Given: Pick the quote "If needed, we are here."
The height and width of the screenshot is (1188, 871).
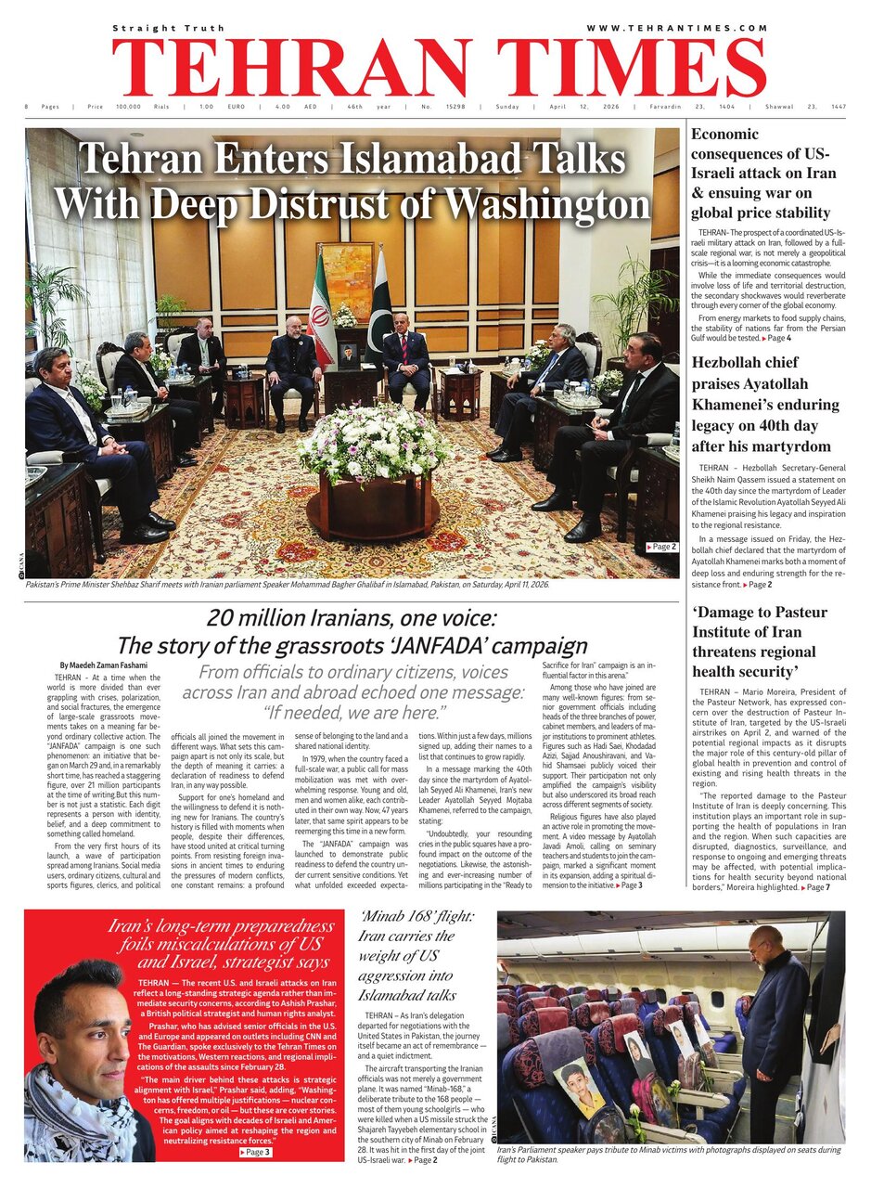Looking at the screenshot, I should tap(353, 713).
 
